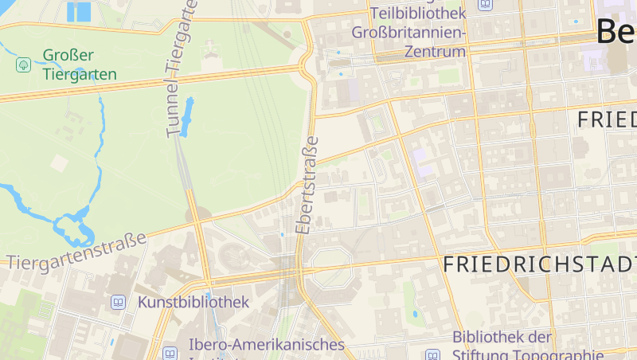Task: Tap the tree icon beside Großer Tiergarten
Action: point(24,64)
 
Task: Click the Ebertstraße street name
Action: point(307,185)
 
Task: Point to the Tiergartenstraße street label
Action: point(76,251)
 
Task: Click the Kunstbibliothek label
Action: point(193,303)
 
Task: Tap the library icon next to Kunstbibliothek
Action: point(119,303)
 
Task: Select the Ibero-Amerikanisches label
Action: point(267,345)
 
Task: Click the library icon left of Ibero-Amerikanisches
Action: point(170,353)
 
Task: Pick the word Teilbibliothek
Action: point(418,14)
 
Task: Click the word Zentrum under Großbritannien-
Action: point(434,52)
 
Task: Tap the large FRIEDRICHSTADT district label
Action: point(540,264)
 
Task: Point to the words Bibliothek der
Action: point(502,337)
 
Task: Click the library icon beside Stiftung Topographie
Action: point(432,355)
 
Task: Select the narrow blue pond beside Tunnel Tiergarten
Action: point(188,116)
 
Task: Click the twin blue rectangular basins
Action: point(79,12)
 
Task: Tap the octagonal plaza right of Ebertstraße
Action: point(330,265)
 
